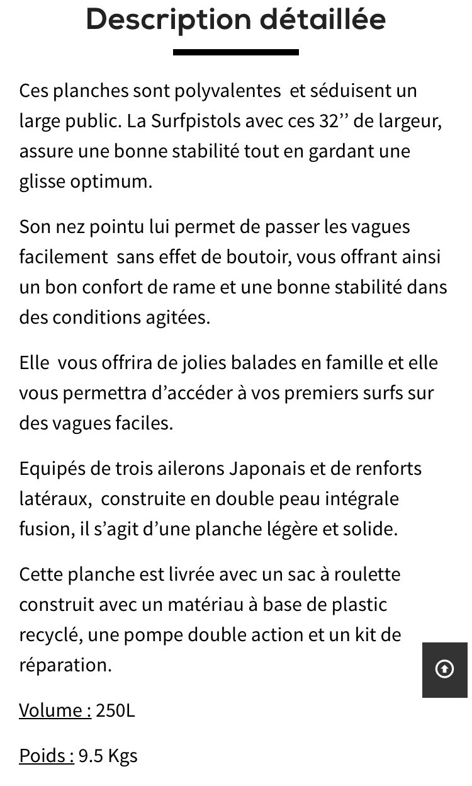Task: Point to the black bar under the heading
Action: [235, 52]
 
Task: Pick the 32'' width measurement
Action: [334, 121]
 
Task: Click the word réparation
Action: [65, 665]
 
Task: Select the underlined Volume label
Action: [55, 710]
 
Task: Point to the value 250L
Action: [115, 710]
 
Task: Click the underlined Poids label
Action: [46, 756]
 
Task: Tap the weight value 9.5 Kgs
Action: [108, 756]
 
